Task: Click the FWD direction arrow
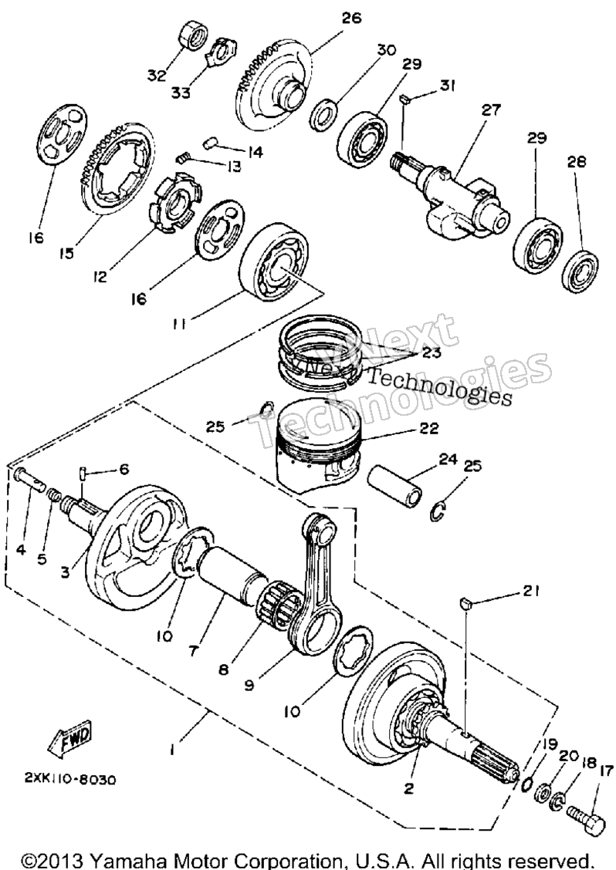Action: pyautogui.click(x=70, y=740)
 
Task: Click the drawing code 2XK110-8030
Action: pyautogui.click(x=69, y=779)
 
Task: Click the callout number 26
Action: pyautogui.click(x=351, y=18)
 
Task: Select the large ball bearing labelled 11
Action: pyautogui.click(x=276, y=260)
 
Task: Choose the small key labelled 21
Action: pyautogui.click(x=467, y=603)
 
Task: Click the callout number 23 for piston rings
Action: pyautogui.click(x=431, y=352)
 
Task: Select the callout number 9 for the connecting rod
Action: pyautogui.click(x=249, y=685)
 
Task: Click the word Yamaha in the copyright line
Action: pyautogui.click(x=124, y=860)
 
